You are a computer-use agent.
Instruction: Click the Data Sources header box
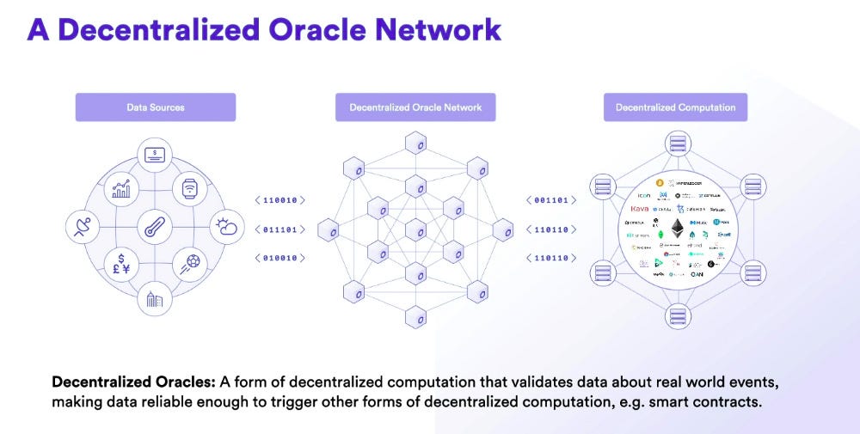(156, 107)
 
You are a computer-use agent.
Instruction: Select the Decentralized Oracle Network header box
(415, 107)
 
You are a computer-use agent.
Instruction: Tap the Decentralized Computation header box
(675, 107)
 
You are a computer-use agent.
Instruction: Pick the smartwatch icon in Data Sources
(190, 189)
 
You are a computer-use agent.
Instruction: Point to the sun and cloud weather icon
(227, 227)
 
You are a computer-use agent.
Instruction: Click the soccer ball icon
(190, 265)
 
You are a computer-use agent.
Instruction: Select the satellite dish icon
(83, 228)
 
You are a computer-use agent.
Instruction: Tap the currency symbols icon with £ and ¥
(120, 265)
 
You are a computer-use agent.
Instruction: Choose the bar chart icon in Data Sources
(120, 189)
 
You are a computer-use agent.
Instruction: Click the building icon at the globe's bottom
(155, 300)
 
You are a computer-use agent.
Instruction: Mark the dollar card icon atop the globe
(156, 155)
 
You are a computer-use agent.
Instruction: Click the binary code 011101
(280, 229)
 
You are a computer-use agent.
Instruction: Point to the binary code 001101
(550, 200)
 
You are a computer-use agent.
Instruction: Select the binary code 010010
(280, 258)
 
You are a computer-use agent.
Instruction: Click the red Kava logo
(640, 209)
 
